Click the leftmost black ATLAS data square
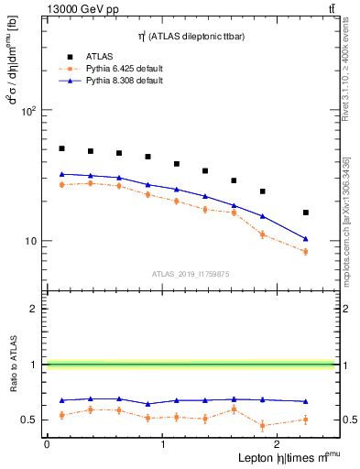tap(61, 148)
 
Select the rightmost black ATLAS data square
tap(306, 213)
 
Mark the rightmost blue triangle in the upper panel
tap(306, 239)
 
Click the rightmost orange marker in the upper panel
tap(306, 252)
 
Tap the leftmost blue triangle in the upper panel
tap(61, 174)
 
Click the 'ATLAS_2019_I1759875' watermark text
tap(190, 273)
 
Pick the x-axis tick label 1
tap(163, 443)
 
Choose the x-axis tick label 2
tap(279, 443)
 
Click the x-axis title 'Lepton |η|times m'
tap(275, 457)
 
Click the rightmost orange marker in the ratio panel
tap(306, 420)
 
